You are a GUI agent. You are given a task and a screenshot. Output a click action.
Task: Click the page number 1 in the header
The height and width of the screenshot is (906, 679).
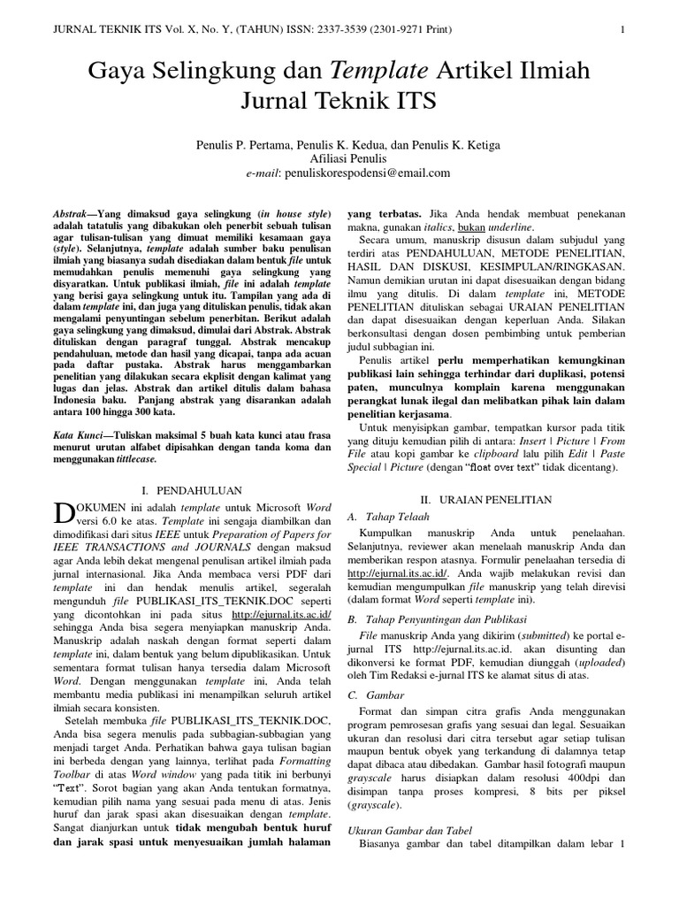pos(623,29)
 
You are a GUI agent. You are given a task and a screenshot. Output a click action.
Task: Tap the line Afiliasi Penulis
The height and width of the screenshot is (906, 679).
pos(339,158)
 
